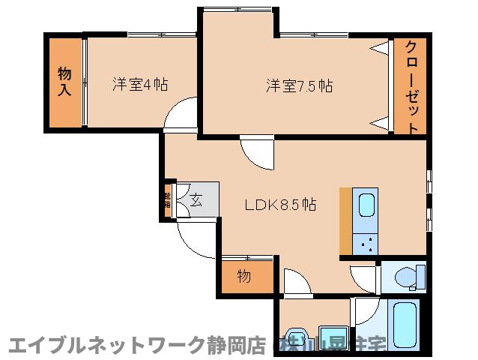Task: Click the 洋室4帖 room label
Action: (x=140, y=83)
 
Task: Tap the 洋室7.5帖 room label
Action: (x=298, y=85)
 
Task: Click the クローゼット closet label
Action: (x=411, y=86)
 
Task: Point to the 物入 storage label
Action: (x=65, y=82)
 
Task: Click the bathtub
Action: (x=405, y=326)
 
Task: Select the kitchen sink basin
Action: (x=366, y=207)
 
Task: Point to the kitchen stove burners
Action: (x=366, y=242)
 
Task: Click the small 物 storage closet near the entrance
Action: (x=245, y=276)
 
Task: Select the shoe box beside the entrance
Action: (x=168, y=200)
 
